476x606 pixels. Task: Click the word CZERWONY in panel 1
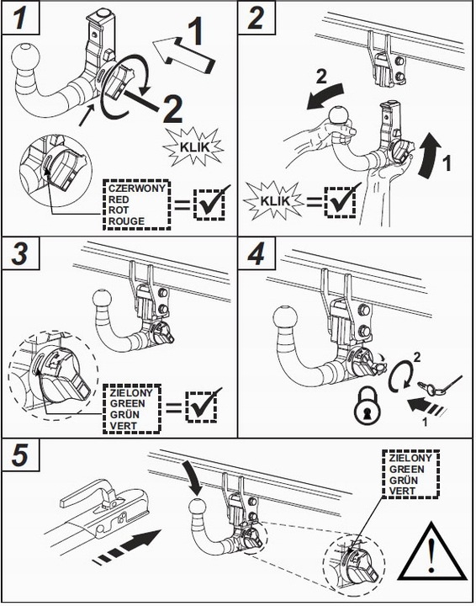137,189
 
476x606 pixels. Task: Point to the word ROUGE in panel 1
126,221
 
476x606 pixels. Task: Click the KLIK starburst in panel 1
193,146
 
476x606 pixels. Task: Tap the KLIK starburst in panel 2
275,200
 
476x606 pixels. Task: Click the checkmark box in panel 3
201,407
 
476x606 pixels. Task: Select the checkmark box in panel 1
210,204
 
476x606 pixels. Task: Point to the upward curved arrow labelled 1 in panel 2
429,156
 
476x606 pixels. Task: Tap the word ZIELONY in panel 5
410,459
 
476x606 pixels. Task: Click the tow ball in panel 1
26,59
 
